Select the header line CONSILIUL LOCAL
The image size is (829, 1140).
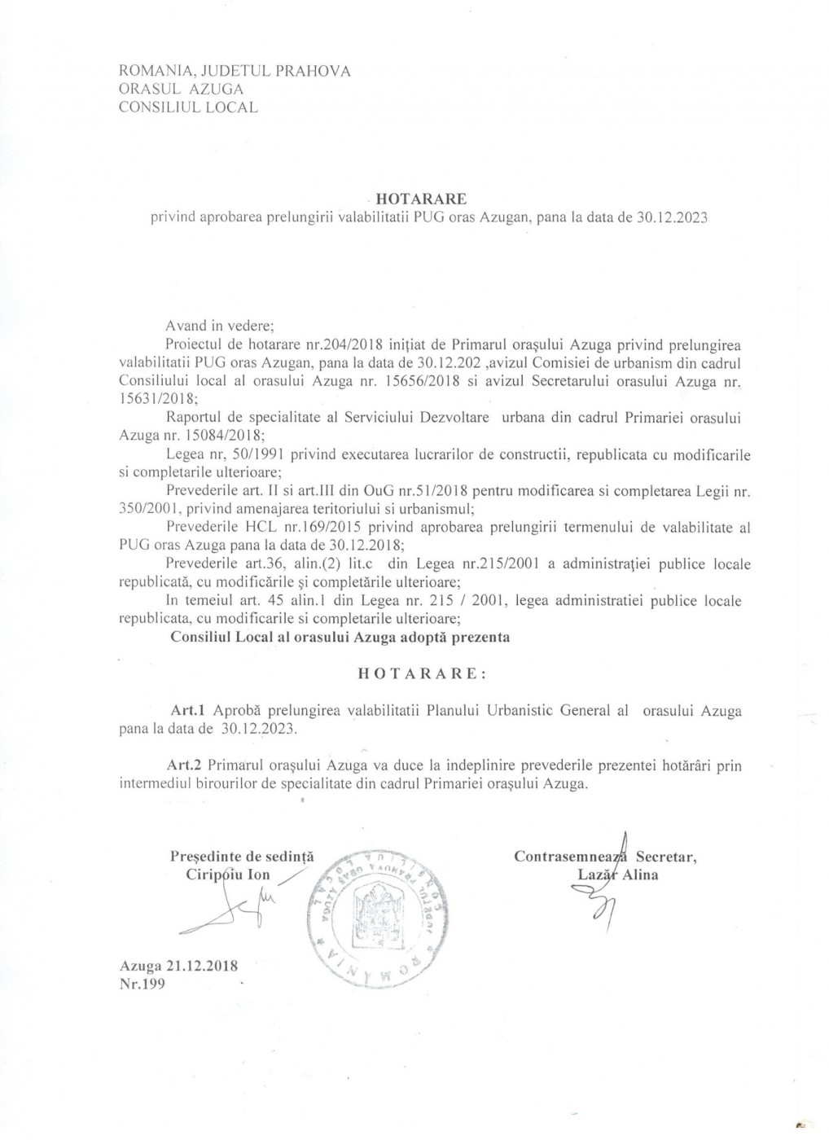[188, 107]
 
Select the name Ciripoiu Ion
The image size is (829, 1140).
[228, 875]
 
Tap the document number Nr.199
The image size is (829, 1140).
[142, 984]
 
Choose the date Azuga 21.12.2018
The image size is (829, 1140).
[178, 966]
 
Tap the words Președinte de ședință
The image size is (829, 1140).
[242, 857]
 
